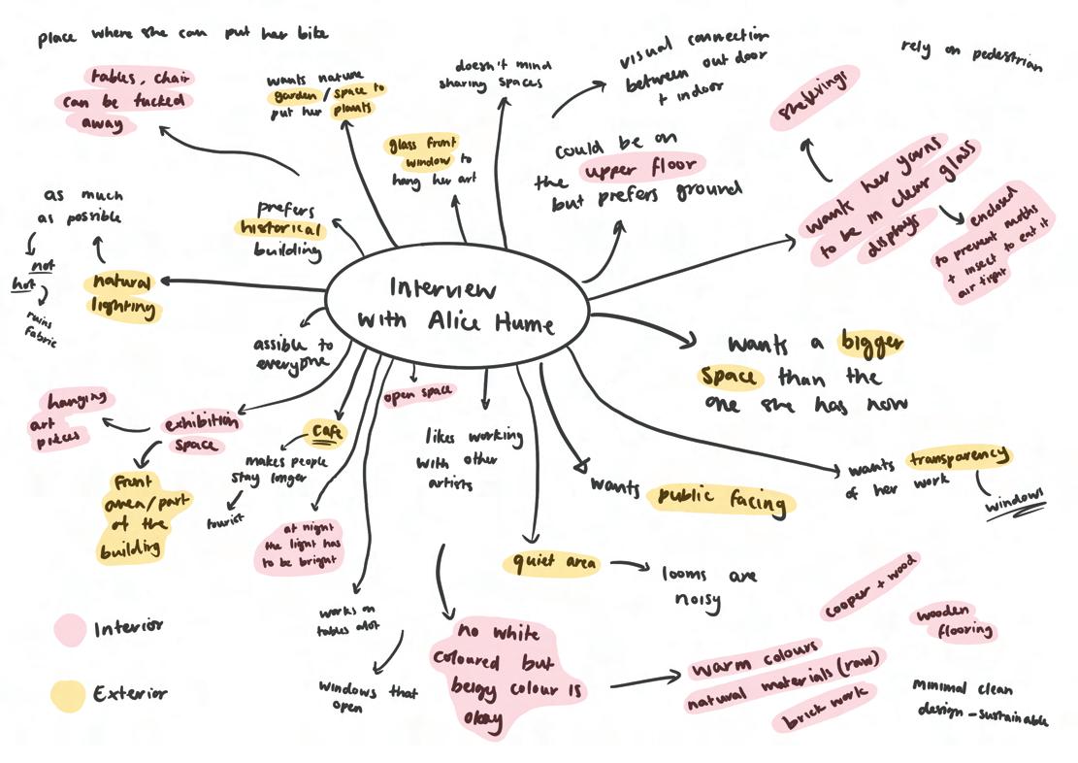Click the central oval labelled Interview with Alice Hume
point(457,305)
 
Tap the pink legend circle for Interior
point(70,630)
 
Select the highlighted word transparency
point(960,457)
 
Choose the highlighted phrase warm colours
point(755,657)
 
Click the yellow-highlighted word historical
point(279,229)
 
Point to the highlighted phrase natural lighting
point(122,295)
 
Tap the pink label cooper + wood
point(869,587)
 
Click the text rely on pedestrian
point(970,55)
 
